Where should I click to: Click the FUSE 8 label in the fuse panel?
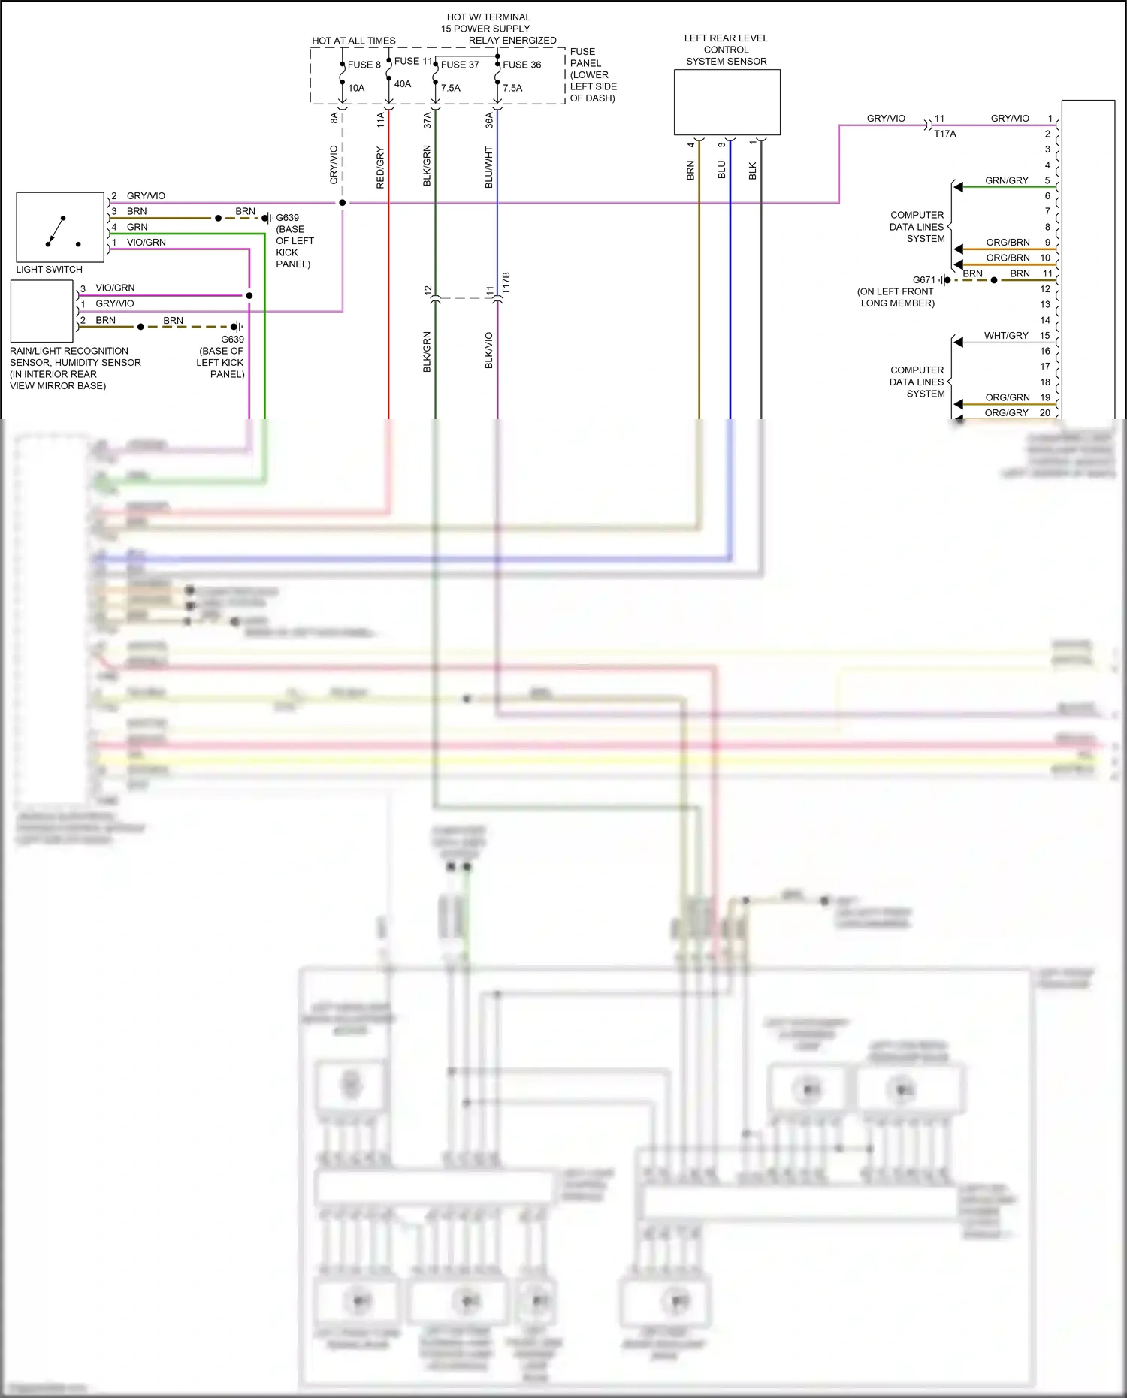tap(364, 65)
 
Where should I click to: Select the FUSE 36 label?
tap(521, 65)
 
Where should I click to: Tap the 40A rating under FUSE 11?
tap(403, 84)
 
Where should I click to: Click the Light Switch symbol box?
tap(60, 227)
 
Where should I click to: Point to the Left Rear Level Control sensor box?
tap(727, 102)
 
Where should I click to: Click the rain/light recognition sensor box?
tap(42, 311)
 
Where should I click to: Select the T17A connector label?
tap(945, 134)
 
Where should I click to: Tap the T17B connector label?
tap(506, 283)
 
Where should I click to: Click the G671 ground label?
tap(923, 279)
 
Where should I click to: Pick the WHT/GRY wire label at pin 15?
tap(1006, 336)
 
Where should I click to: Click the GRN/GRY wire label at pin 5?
tap(1007, 180)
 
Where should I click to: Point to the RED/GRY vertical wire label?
tap(380, 168)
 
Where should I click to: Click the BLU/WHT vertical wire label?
tap(489, 167)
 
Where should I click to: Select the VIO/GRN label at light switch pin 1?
tap(146, 243)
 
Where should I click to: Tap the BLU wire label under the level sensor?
tap(722, 169)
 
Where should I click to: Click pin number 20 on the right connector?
tap(1044, 413)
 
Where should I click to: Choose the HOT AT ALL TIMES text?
tap(353, 41)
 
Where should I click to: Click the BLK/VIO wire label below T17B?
tap(489, 350)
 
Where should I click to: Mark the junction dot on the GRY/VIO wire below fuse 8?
tap(343, 203)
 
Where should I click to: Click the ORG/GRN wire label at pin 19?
tap(1007, 397)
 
